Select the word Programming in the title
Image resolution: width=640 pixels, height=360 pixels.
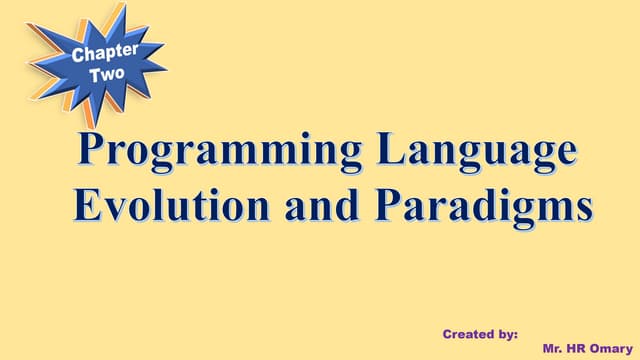click(212, 152)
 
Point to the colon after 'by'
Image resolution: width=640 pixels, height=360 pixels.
click(515, 334)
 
